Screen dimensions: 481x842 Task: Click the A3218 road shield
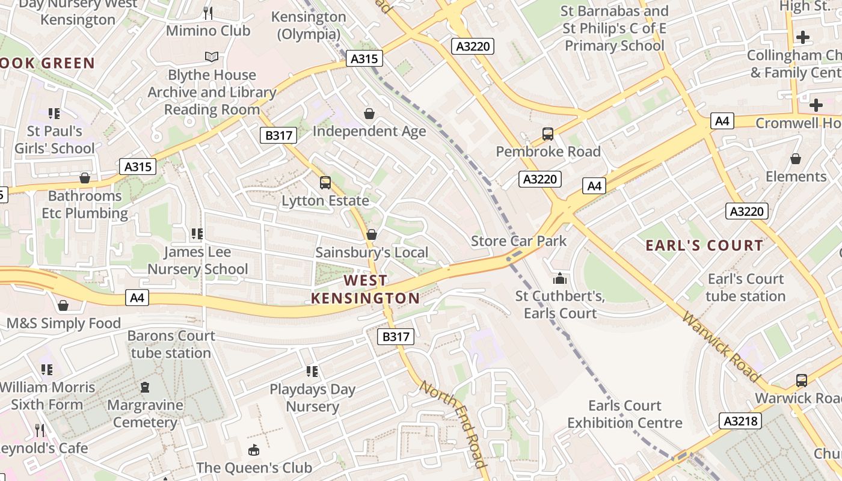coord(740,421)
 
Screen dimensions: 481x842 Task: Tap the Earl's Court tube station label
coord(746,287)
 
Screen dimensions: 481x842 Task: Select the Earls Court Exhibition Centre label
coord(625,414)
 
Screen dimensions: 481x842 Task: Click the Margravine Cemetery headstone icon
coord(145,387)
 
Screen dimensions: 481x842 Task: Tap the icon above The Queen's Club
coord(254,450)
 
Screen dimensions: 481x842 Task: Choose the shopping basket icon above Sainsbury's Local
coord(372,234)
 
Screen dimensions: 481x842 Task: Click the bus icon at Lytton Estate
coord(325,183)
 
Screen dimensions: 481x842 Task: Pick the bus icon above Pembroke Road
coord(548,134)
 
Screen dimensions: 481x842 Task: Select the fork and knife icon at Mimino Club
coord(208,13)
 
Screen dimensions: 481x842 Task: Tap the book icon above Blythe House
coord(211,57)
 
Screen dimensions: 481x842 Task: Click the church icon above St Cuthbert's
coord(560,278)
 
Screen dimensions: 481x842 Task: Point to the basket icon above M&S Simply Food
coord(63,305)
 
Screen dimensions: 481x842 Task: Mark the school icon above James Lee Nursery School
coord(197,233)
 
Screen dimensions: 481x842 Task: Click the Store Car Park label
coord(518,241)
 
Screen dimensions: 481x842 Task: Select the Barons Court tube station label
coord(171,344)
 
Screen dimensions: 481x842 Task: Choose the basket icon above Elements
coord(796,159)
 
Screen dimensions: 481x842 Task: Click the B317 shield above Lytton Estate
coord(279,135)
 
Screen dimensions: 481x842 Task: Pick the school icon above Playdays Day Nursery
coord(312,372)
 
